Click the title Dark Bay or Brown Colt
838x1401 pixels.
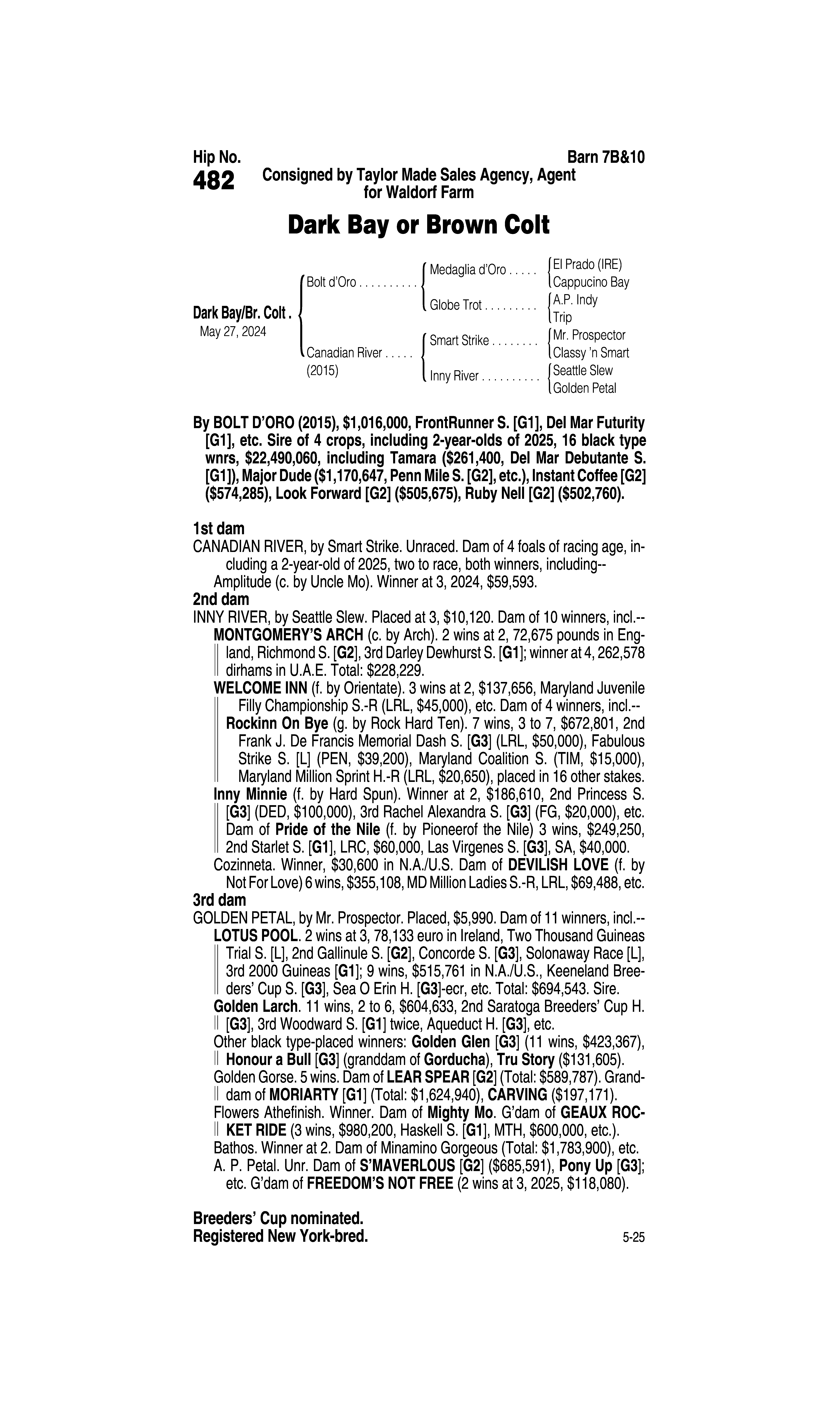[418, 225]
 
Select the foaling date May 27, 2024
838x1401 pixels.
[233, 331]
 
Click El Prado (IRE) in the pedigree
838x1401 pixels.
[587, 264]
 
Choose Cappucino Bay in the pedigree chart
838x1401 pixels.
[591, 282]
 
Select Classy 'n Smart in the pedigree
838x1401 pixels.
[591, 353]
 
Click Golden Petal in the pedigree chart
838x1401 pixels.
[584, 388]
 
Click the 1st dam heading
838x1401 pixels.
[219, 529]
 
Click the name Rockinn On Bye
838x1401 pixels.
[277, 724]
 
